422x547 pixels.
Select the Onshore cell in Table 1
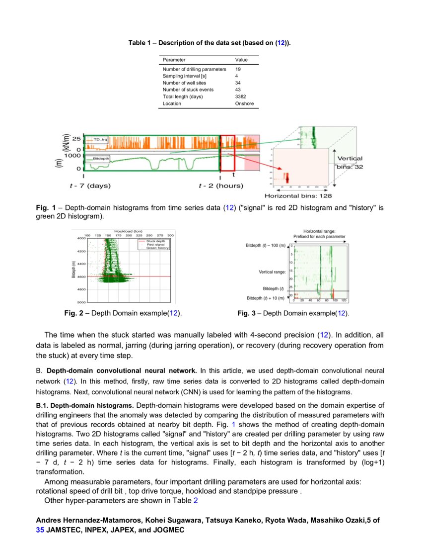pyautogui.click(x=244, y=103)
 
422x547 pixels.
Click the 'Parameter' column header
pyautogui.click(x=174, y=60)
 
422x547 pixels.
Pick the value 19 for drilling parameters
pyautogui.click(x=238, y=69)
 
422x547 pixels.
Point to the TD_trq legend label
pyautogui.click(x=100, y=140)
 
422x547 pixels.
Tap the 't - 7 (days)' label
pyautogui.click(x=90, y=186)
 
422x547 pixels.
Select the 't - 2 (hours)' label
pyautogui.click(x=221, y=186)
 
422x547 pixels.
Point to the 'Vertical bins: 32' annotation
pyautogui.click(x=350, y=163)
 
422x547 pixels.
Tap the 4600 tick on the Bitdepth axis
pyautogui.click(x=80, y=276)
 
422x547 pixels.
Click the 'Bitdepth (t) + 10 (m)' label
pyautogui.click(x=266, y=298)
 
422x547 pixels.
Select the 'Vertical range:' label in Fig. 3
pyautogui.click(x=272, y=272)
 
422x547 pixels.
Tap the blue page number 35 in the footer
pyautogui.click(x=40, y=530)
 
